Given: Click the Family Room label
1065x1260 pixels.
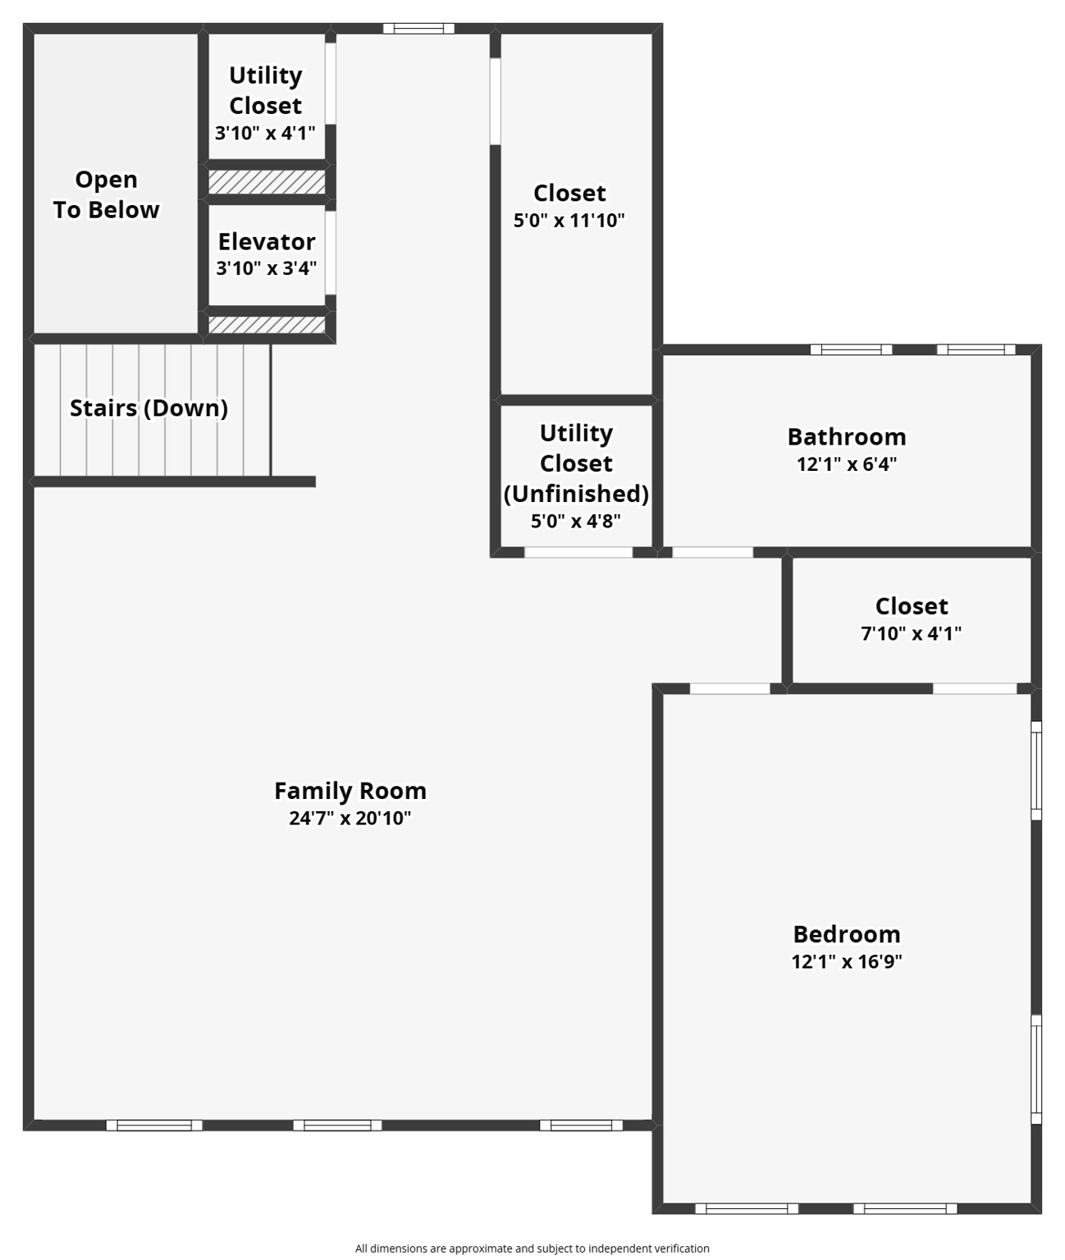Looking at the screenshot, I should (x=350, y=791).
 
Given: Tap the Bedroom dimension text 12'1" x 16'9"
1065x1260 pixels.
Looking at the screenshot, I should (x=846, y=961).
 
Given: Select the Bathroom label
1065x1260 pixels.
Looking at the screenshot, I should (x=846, y=436).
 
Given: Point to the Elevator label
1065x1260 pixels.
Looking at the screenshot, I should (x=267, y=242).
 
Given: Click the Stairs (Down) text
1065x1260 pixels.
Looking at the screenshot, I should (x=149, y=408).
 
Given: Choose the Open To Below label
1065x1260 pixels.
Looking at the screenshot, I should (x=106, y=194).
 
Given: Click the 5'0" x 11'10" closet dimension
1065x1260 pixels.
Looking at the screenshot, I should (x=569, y=220).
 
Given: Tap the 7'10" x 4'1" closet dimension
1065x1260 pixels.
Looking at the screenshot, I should (x=911, y=633).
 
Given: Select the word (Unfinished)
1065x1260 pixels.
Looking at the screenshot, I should (x=576, y=493).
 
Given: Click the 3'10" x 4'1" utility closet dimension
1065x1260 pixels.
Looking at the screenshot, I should (x=265, y=133).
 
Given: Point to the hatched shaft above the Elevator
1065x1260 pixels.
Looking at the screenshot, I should (x=267, y=182).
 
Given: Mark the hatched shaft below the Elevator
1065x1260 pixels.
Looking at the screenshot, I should (x=267, y=325).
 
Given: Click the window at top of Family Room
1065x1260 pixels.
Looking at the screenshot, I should (x=418, y=29).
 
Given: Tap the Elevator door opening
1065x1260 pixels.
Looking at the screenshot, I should (x=331, y=253).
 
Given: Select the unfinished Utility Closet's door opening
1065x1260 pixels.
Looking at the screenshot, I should (x=578, y=552).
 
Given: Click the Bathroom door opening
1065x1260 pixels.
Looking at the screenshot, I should (x=712, y=552).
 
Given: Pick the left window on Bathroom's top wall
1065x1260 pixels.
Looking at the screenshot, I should (x=851, y=349).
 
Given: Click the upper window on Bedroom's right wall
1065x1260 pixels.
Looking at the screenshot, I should (x=1036, y=770).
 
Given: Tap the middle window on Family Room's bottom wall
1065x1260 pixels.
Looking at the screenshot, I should (x=337, y=1125).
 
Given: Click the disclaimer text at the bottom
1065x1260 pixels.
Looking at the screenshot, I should (x=532, y=1248).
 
